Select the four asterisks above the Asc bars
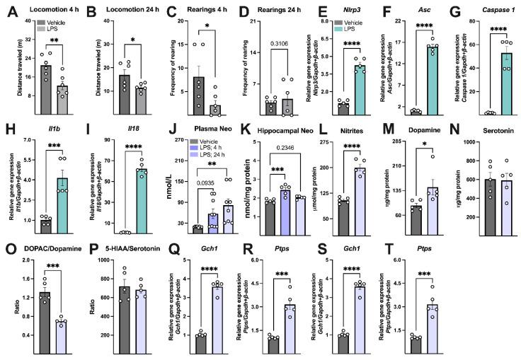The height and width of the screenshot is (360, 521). coord(412,28)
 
